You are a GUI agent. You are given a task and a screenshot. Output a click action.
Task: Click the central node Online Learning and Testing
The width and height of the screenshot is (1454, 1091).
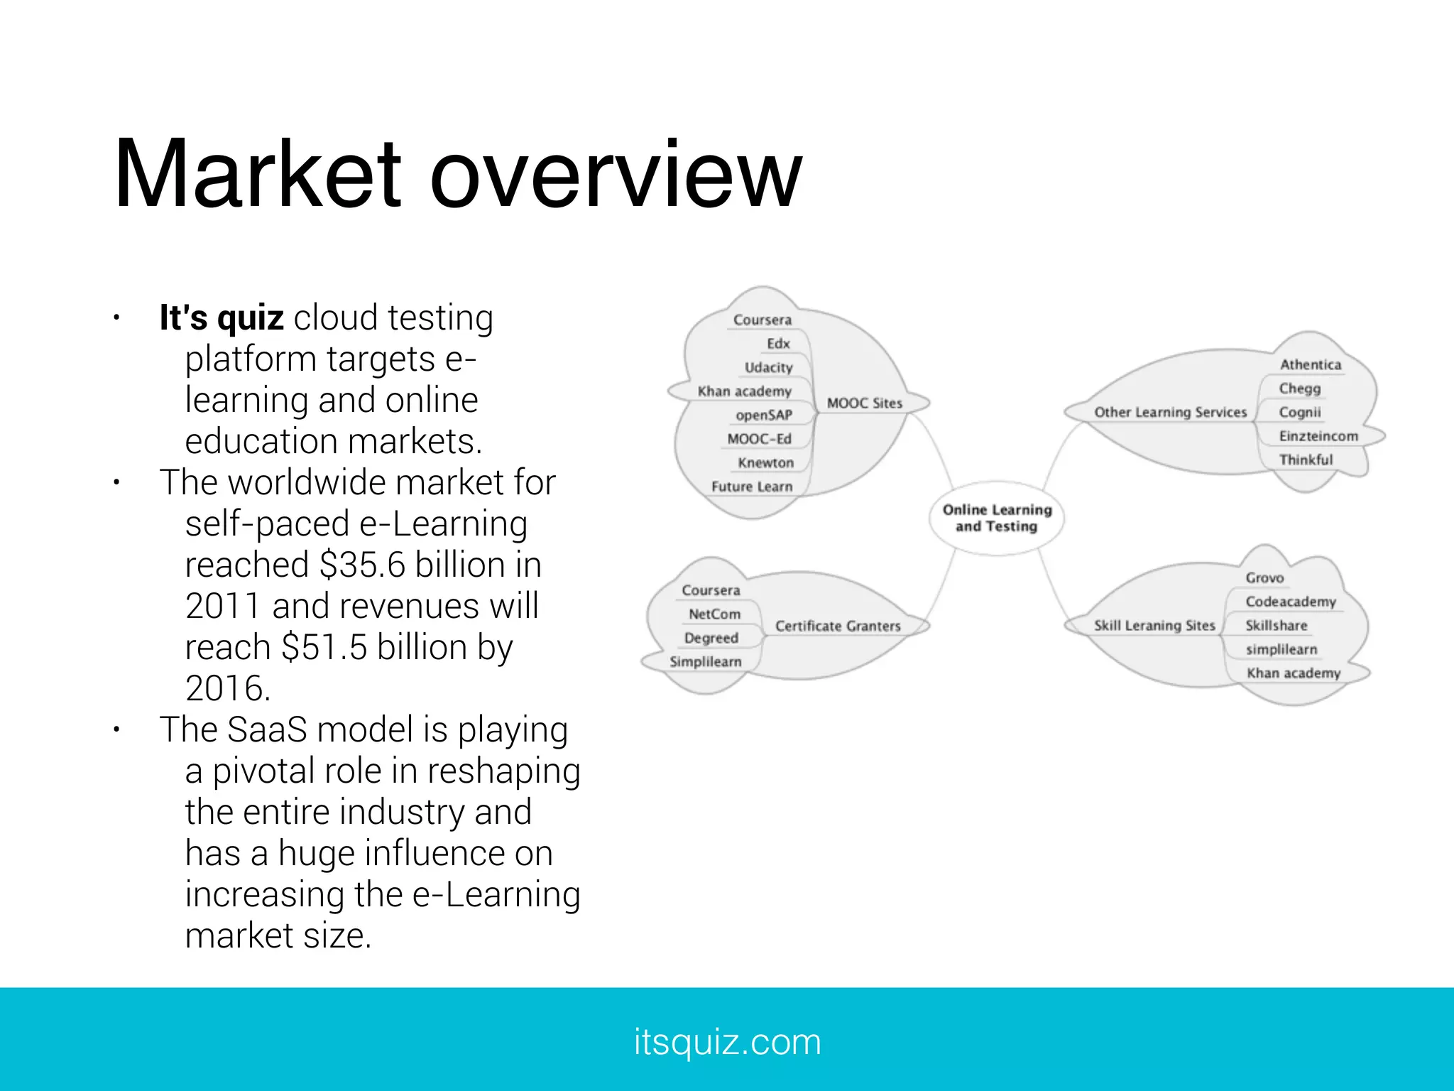click(x=997, y=518)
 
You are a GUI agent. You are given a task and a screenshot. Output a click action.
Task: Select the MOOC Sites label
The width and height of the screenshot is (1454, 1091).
click(x=864, y=403)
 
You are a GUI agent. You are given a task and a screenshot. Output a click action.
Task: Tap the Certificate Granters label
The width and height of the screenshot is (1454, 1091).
click(x=838, y=626)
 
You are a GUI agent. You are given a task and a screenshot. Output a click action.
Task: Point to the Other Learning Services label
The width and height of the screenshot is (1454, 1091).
click(x=1170, y=412)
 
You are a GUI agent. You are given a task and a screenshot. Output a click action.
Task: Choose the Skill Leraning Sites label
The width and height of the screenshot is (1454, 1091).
click(x=1154, y=625)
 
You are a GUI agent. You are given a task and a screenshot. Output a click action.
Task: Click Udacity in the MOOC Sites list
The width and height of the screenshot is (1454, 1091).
click(x=768, y=367)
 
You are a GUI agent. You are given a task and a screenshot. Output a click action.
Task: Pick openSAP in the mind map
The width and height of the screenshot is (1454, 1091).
click(x=764, y=415)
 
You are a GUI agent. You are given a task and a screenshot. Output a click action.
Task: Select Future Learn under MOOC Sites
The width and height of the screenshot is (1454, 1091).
click(x=752, y=487)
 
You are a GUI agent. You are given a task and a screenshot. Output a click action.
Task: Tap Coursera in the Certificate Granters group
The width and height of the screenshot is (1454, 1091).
click(x=711, y=590)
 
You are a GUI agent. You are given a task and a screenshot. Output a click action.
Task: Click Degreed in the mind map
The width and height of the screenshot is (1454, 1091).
click(x=711, y=638)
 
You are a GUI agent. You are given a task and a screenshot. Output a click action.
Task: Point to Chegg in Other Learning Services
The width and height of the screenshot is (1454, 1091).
click(x=1300, y=389)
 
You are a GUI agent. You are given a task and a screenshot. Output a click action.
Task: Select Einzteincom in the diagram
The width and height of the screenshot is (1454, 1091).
click(x=1318, y=436)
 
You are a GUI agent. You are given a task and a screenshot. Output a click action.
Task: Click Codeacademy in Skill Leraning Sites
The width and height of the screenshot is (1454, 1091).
click(x=1291, y=602)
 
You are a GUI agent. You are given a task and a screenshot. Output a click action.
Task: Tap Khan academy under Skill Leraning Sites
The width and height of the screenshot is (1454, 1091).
click(x=1294, y=673)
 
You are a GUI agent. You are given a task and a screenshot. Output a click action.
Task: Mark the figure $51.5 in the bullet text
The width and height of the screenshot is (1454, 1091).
click(x=324, y=648)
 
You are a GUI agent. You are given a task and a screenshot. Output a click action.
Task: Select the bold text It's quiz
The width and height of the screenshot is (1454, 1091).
click(x=222, y=317)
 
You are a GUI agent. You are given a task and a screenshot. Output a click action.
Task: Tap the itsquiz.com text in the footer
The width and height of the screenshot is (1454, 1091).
click(x=727, y=1042)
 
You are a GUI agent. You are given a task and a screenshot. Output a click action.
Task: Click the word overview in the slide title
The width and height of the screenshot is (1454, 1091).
click(x=616, y=174)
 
